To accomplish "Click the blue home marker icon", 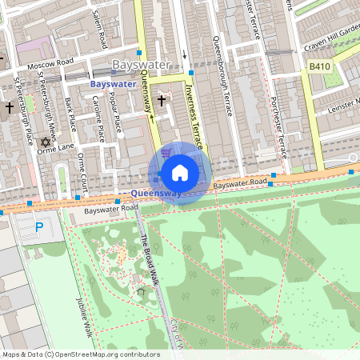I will [x=180, y=173].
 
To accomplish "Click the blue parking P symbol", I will [x=39, y=228].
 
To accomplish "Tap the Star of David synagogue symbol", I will [x=56, y=141].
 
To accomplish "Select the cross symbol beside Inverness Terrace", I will [x=162, y=101].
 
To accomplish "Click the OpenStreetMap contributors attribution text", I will [x=80, y=354].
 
